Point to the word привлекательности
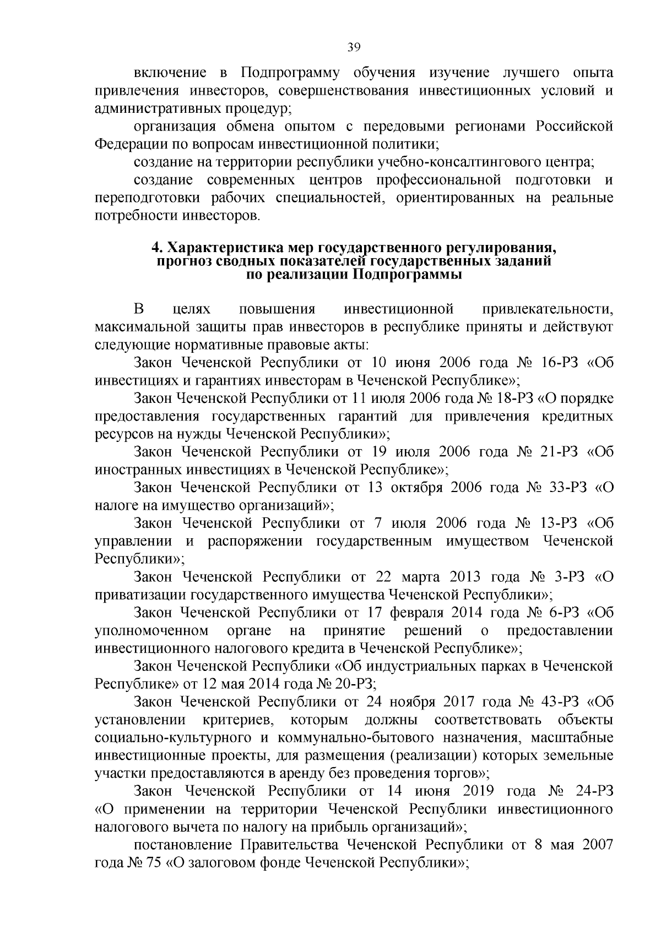(547, 309)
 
